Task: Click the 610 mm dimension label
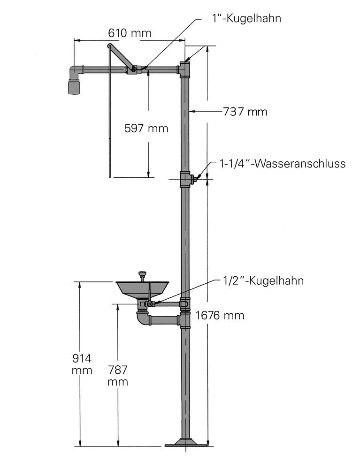point(130,33)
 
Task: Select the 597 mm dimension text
point(146,129)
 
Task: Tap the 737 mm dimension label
point(245,112)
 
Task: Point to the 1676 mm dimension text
point(220,315)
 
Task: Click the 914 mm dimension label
point(82,364)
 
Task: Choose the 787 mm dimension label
point(118,376)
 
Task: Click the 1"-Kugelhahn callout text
point(246,18)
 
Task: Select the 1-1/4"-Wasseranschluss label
point(283,164)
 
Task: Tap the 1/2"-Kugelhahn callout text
point(263,280)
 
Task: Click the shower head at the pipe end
point(74,87)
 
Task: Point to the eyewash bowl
point(142,289)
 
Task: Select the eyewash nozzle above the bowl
point(142,275)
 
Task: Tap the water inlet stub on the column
point(194,179)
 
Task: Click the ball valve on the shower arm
point(133,70)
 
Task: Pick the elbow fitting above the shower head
point(76,71)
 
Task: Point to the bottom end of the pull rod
point(110,176)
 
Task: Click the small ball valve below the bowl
point(149,304)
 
